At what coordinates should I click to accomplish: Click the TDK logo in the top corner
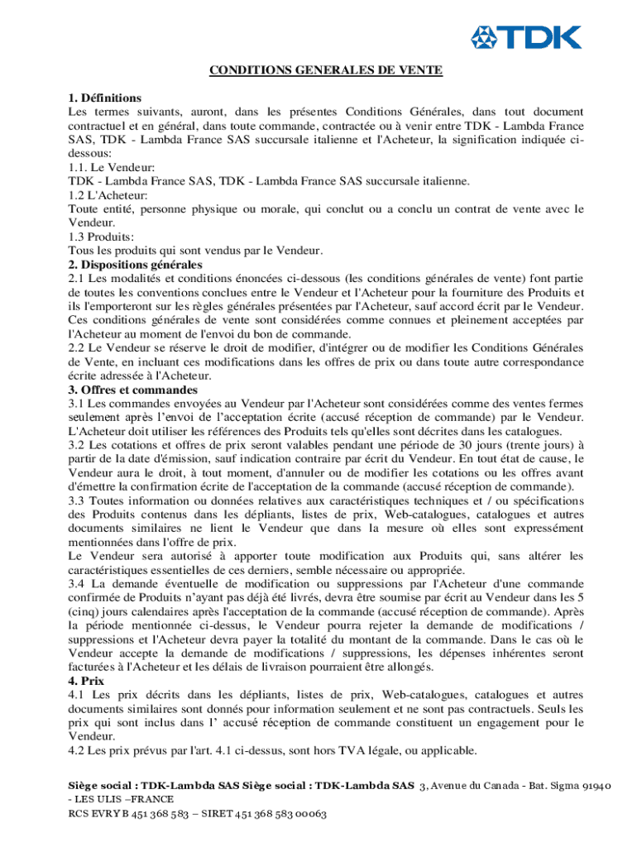pyautogui.click(x=525, y=37)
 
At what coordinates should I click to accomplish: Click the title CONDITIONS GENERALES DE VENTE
pyautogui.click(x=325, y=70)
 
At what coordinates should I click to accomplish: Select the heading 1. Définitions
pyautogui.click(x=105, y=98)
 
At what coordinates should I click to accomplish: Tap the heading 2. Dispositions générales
pyautogui.click(x=135, y=265)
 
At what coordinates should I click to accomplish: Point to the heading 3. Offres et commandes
pyautogui.click(x=132, y=390)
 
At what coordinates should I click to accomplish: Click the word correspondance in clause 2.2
pyautogui.click(x=532, y=362)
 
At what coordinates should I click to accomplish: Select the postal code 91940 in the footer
pyautogui.click(x=593, y=785)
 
